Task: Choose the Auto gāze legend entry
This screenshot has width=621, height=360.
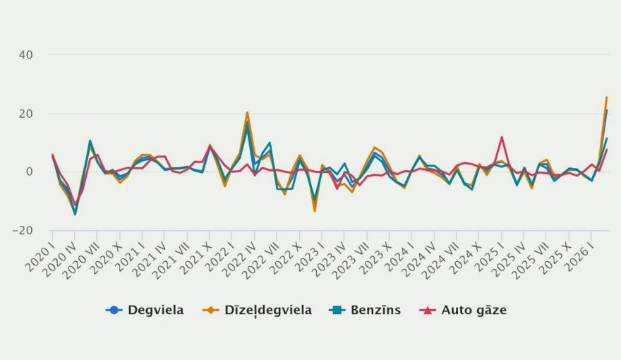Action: tap(474, 310)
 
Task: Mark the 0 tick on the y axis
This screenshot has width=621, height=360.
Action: tap(39, 172)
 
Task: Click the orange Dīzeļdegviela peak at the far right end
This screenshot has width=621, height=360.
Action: tap(606, 97)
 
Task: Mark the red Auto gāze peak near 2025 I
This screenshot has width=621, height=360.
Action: tap(502, 138)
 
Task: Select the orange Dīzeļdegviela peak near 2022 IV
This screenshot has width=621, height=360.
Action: tap(247, 112)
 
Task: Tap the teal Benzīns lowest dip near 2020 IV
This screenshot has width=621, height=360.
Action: tap(76, 214)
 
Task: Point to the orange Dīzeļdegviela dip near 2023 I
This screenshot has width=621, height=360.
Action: tap(315, 210)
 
